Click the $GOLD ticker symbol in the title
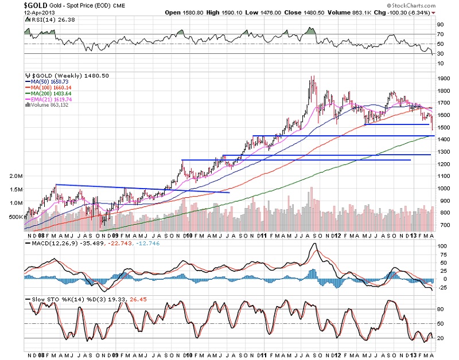(x=13, y=5)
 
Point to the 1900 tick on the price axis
(x=442, y=78)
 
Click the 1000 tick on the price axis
(x=442, y=189)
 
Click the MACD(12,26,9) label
(x=46, y=243)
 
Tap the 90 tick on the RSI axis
(x=440, y=25)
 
